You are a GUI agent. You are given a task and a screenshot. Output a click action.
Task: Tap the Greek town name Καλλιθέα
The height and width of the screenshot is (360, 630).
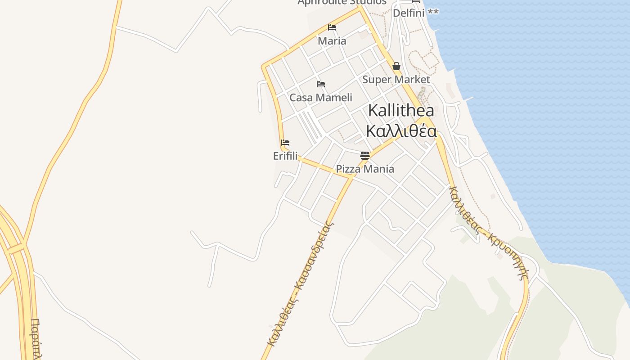click(x=401, y=131)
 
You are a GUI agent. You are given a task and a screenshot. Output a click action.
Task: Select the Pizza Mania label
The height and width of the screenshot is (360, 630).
click(x=365, y=169)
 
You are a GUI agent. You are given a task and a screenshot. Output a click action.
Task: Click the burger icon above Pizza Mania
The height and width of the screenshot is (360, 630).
click(x=365, y=156)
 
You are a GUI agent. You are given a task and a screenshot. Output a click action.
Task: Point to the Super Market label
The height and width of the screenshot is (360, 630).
click(x=396, y=80)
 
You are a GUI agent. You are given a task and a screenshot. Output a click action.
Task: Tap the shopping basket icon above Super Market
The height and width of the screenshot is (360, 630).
click(x=396, y=67)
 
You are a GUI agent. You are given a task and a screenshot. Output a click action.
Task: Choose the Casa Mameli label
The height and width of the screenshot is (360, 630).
click(x=321, y=98)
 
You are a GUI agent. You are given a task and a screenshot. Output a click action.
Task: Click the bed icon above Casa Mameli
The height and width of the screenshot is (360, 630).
click(x=321, y=84)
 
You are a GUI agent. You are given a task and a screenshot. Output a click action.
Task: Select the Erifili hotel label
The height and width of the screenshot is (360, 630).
click(x=285, y=156)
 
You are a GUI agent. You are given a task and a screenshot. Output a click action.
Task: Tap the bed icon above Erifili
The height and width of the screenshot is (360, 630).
click(x=285, y=143)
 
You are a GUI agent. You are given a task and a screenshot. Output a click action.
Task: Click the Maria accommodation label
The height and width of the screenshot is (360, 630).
click(x=332, y=41)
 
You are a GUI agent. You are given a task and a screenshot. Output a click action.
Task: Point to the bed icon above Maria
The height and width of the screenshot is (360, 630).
click(x=332, y=27)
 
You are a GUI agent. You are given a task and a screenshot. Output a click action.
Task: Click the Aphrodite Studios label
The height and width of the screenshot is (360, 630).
click(x=342, y=2)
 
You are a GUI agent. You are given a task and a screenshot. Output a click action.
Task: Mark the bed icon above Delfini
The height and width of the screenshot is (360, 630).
click(x=416, y=1)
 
